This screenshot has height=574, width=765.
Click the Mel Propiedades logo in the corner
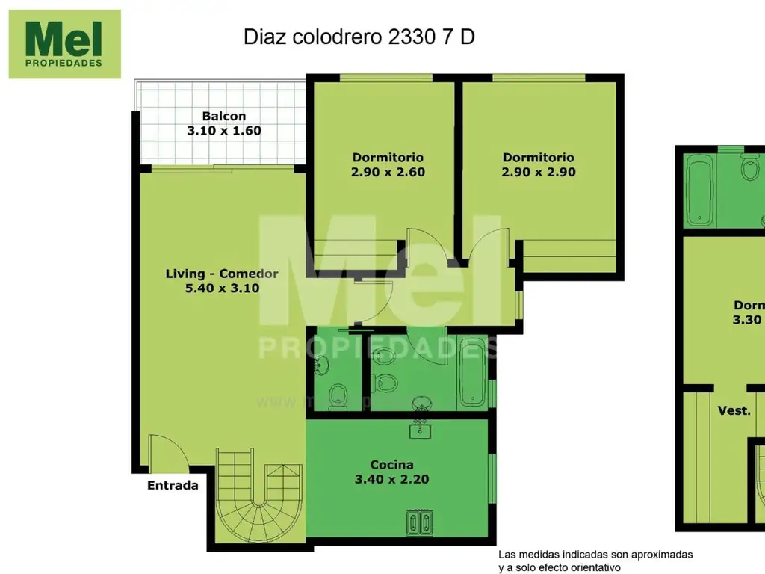tap(64, 44)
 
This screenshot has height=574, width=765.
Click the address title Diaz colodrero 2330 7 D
tap(359, 38)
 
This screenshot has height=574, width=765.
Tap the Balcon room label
tap(223, 116)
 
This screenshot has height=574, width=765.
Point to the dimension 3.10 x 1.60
tap(223, 131)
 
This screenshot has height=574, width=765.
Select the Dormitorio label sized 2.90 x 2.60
tap(388, 158)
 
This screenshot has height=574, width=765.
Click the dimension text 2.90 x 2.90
tap(538, 172)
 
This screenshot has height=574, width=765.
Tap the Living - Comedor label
tap(222, 274)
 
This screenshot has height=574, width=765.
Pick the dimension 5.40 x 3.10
tap(222, 288)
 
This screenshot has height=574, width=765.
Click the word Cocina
tap(391, 465)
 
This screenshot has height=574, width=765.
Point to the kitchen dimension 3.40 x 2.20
tap(391, 480)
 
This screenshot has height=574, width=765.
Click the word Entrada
tap(173, 486)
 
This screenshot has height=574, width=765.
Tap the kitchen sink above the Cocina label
tap(420, 429)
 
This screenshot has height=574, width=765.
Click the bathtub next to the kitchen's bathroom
tap(472, 373)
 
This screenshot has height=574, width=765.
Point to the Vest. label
tap(734, 410)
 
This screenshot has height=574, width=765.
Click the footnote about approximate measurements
tap(595, 561)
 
